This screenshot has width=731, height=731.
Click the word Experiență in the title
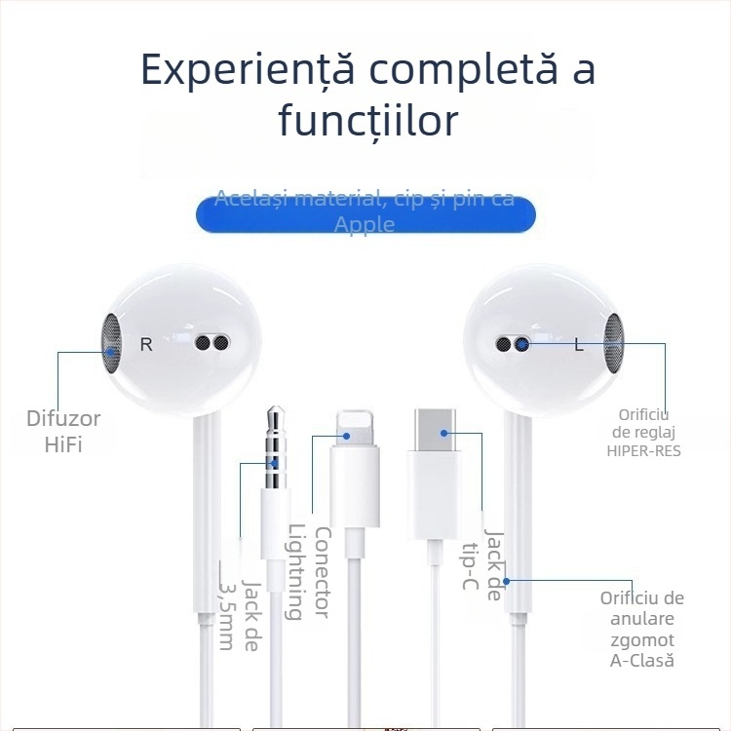point(247,70)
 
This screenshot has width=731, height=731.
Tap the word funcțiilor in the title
point(367,121)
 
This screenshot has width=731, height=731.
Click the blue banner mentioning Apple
point(365,213)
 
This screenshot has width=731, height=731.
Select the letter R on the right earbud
point(146,344)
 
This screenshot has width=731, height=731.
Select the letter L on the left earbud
point(578,344)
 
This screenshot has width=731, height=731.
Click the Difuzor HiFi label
point(63,432)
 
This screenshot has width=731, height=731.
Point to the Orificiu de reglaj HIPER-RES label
point(643,433)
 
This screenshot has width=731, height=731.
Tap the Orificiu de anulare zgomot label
point(641,629)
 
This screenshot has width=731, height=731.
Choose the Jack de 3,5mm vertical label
point(239,604)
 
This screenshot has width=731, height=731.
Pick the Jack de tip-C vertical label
point(483,566)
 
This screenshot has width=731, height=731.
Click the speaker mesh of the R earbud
point(111,344)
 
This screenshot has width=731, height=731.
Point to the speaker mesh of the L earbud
point(615,344)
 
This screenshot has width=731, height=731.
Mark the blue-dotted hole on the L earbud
point(522,344)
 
